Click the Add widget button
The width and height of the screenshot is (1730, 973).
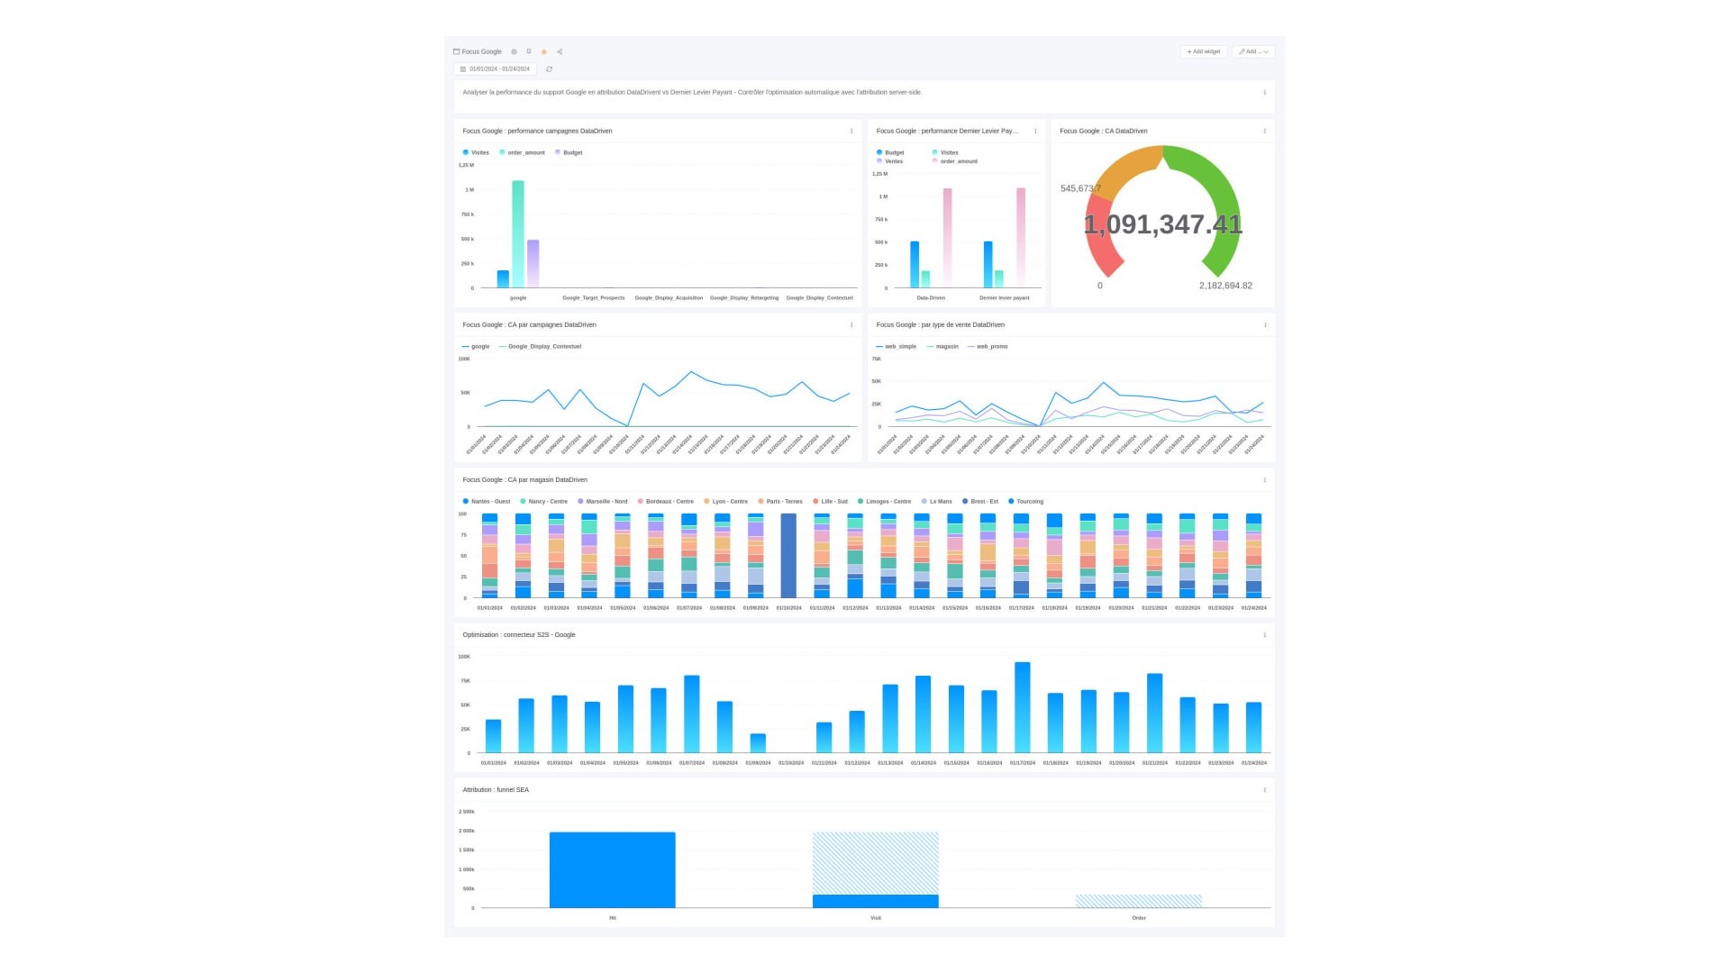click(1204, 51)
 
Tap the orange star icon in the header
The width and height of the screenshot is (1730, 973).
click(544, 52)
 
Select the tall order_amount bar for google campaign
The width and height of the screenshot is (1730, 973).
click(518, 234)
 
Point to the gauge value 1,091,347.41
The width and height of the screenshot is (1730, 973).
click(1162, 224)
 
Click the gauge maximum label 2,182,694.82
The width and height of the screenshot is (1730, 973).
click(1225, 286)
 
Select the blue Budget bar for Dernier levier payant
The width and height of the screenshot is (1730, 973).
click(988, 264)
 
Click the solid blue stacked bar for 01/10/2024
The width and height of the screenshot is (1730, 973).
click(788, 556)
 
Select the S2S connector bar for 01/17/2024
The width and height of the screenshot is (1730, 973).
click(1023, 707)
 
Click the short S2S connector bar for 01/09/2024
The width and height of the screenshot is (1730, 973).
click(758, 743)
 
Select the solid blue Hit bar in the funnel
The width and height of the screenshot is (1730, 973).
click(612, 869)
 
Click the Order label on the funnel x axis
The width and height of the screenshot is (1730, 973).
click(1139, 918)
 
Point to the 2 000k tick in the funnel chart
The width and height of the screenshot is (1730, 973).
click(467, 831)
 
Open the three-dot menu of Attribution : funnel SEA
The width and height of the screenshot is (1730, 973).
click(1264, 790)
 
